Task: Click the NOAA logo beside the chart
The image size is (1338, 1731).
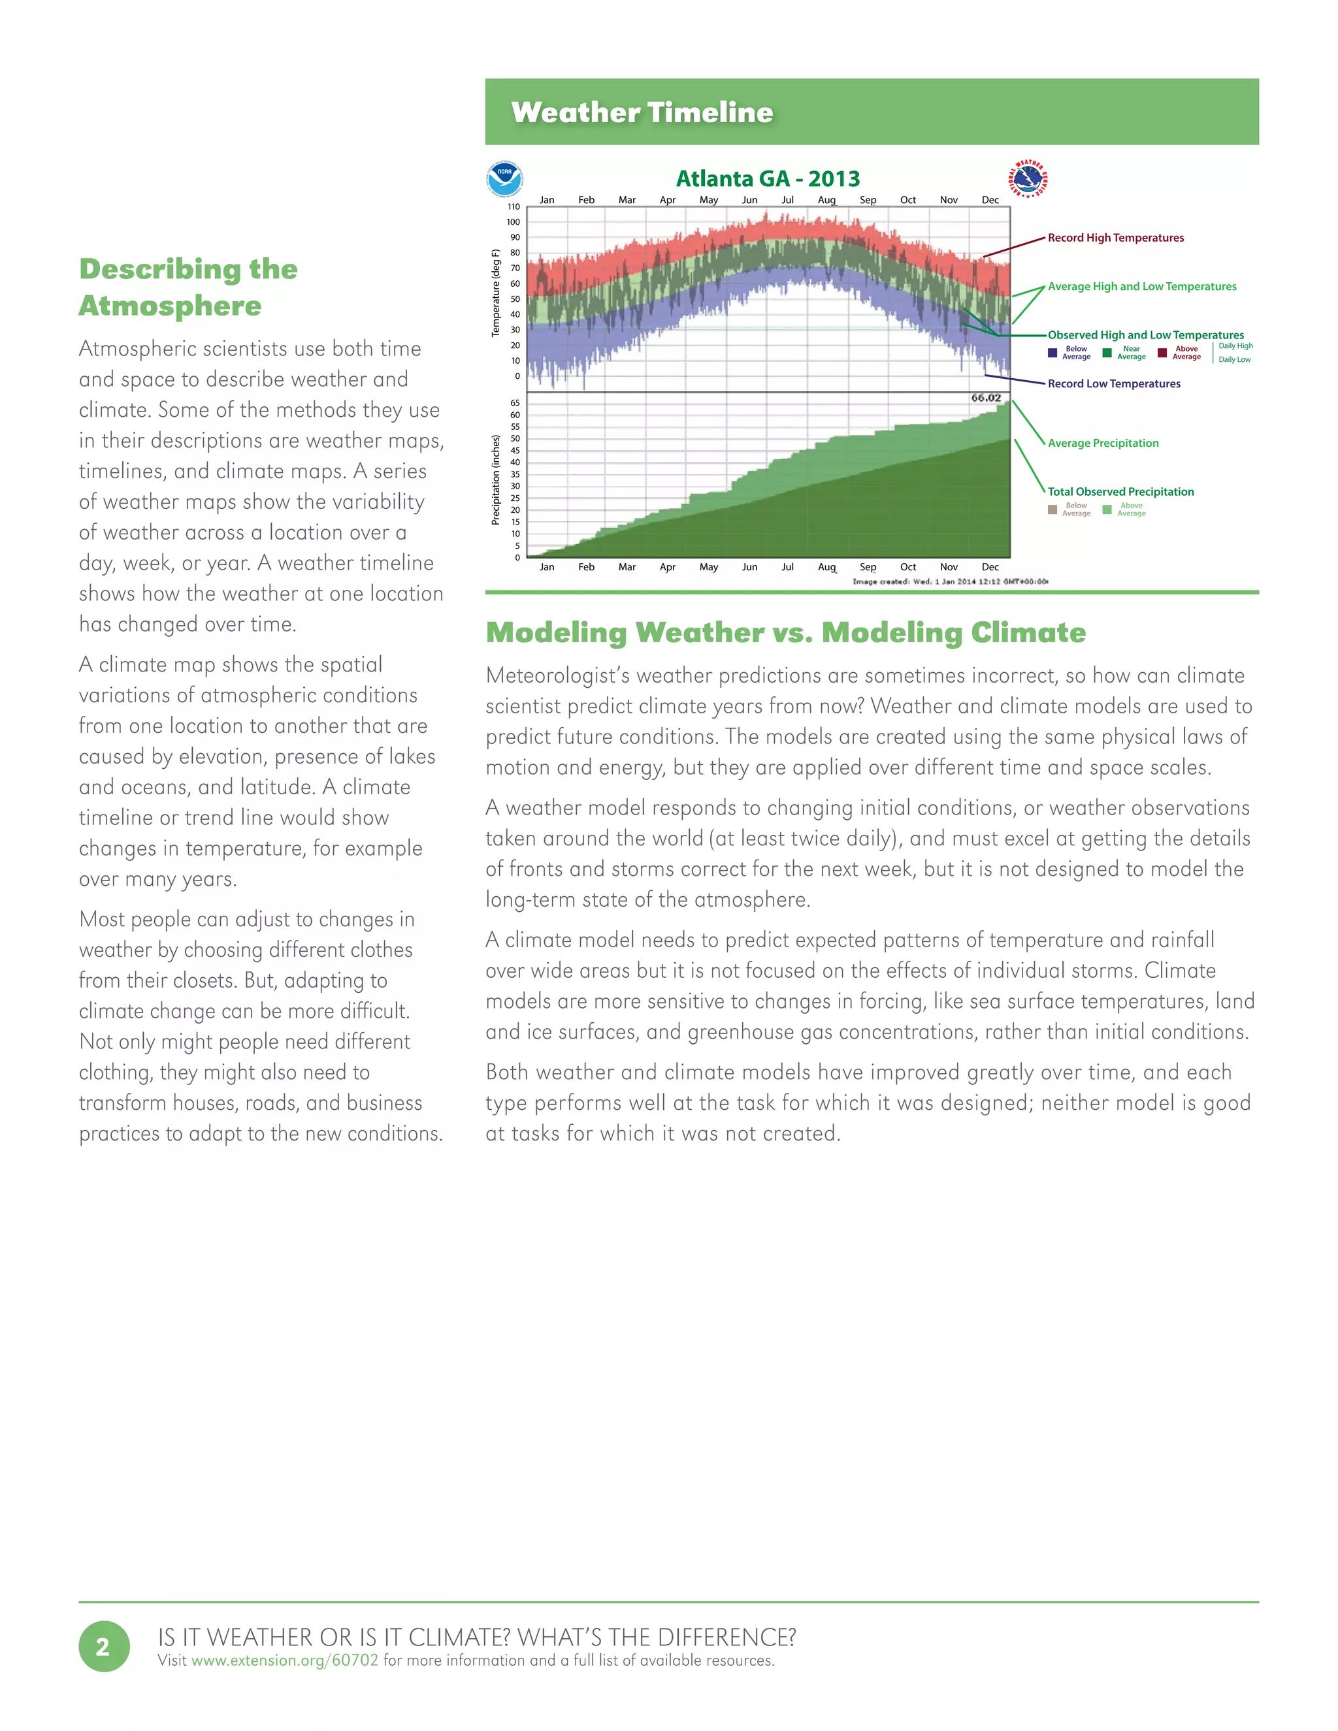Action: pyautogui.click(x=504, y=179)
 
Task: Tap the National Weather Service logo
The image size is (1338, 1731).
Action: pyautogui.click(x=1028, y=178)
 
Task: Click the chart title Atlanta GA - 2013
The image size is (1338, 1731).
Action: pyautogui.click(x=767, y=178)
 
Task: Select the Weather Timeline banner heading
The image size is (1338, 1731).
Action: pyautogui.click(x=642, y=112)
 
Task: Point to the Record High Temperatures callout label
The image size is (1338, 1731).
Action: pyautogui.click(x=1115, y=238)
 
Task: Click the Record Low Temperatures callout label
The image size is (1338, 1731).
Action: pyautogui.click(x=1114, y=383)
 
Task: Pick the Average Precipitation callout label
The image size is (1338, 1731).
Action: pyautogui.click(x=1103, y=443)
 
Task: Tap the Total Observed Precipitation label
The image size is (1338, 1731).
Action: pyautogui.click(x=1120, y=491)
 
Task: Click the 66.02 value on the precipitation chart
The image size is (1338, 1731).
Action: pyautogui.click(x=986, y=398)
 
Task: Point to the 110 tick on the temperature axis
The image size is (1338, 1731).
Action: pyautogui.click(x=514, y=207)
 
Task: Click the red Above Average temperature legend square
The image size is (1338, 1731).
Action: pyautogui.click(x=1162, y=353)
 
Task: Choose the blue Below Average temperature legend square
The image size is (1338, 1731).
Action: pyautogui.click(x=1052, y=353)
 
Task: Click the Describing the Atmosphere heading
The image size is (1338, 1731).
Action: pyautogui.click(x=188, y=287)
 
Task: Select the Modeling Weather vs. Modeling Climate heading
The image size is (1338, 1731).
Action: pyautogui.click(x=785, y=632)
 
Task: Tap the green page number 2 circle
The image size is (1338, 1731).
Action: pyautogui.click(x=104, y=1647)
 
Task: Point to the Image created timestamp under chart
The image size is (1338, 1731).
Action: pyautogui.click(x=949, y=582)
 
